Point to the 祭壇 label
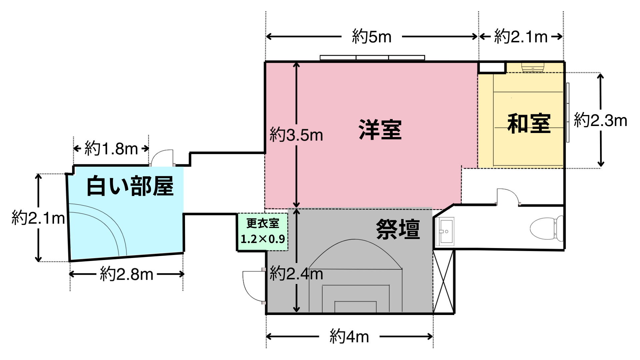398,229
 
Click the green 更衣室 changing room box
263,232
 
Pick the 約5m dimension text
372,37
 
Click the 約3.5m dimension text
296,135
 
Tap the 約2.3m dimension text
600,120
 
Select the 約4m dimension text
349,336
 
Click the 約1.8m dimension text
111,149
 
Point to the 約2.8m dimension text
126,274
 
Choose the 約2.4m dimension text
296,274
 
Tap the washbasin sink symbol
445,231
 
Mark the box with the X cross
444,282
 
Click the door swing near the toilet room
507,196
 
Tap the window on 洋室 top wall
372,58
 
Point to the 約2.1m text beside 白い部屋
38,218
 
